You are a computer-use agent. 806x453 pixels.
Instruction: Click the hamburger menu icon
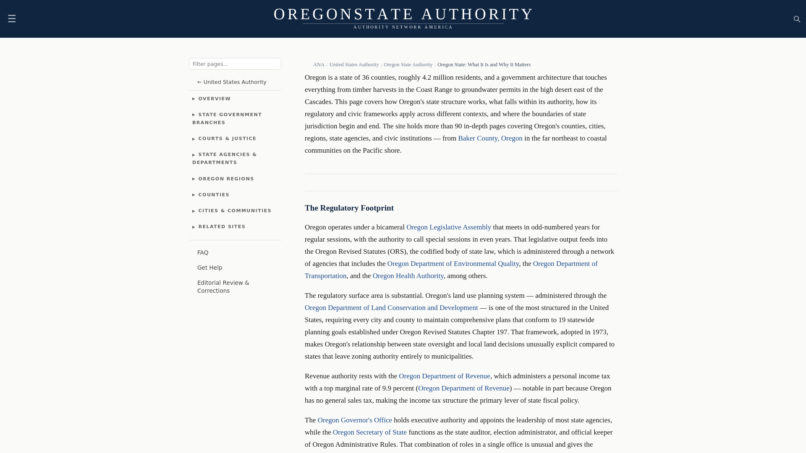[12, 18]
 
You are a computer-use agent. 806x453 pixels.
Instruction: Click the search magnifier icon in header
[797, 19]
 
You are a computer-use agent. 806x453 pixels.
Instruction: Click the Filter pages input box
[235, 64]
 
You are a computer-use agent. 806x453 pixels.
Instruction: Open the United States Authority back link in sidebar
[232, 82]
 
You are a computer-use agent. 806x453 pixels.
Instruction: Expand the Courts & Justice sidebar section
[227, 138]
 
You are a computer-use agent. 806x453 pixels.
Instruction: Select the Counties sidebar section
[213, 195]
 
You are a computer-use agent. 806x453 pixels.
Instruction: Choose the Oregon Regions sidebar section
[225, 179]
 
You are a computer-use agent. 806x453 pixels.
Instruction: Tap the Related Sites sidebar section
[221, 226]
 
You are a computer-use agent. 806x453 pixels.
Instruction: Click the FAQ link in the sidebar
[203, 253]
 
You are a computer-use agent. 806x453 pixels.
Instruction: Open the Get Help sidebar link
[209, 268]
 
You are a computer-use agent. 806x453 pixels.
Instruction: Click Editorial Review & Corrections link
[223, 287]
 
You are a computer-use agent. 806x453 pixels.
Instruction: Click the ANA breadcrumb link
[319, 65]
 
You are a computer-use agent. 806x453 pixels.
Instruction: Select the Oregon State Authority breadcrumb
[408, 65]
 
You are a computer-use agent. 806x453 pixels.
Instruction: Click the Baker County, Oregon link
[490, 138]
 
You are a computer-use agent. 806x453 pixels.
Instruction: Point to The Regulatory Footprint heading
[349, 208]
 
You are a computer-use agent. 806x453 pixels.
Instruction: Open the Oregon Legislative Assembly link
[448, 227]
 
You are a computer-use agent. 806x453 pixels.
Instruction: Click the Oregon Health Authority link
[408, 276]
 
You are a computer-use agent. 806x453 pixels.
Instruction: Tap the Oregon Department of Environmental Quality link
[453, 264]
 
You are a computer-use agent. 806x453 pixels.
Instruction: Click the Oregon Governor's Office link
[354, 420]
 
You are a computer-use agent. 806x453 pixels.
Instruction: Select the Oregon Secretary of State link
[369, 432]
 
